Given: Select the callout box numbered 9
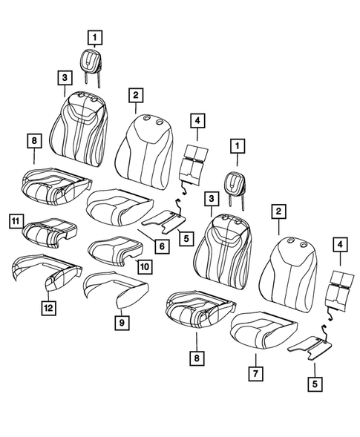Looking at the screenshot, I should click(x=119, y=321).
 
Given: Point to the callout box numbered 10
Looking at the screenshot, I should click(x=143, y=265).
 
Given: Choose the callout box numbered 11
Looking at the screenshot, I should click(x=15, y=220).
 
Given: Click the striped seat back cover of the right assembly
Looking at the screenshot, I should click(x=219, y=249).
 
